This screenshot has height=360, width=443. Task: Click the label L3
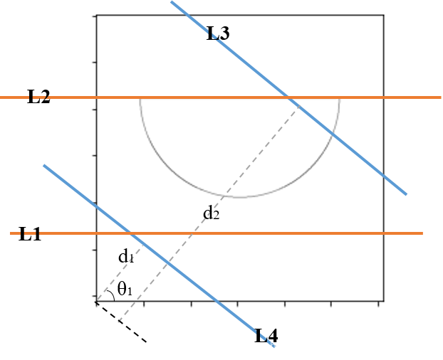[218, 33]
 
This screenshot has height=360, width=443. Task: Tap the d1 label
[127, 257]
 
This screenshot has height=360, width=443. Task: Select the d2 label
[211, 212]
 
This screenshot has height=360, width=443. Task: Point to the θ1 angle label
[125, 289]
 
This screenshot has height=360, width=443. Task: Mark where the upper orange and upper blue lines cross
[288, 97]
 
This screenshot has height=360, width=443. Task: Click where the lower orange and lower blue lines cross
[130, 233]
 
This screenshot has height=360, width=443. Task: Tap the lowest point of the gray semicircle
[239, 197]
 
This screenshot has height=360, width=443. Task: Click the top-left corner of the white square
[97, 16]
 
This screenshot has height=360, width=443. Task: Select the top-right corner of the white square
[382, 16]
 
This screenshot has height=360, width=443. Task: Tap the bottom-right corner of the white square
[382, 300]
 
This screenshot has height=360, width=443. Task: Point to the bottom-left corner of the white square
[97, 300]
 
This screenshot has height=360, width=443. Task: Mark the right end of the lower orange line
[423, 233]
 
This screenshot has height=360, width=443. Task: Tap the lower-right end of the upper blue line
[407, 194]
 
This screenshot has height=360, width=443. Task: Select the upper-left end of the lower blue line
[43, 165]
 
